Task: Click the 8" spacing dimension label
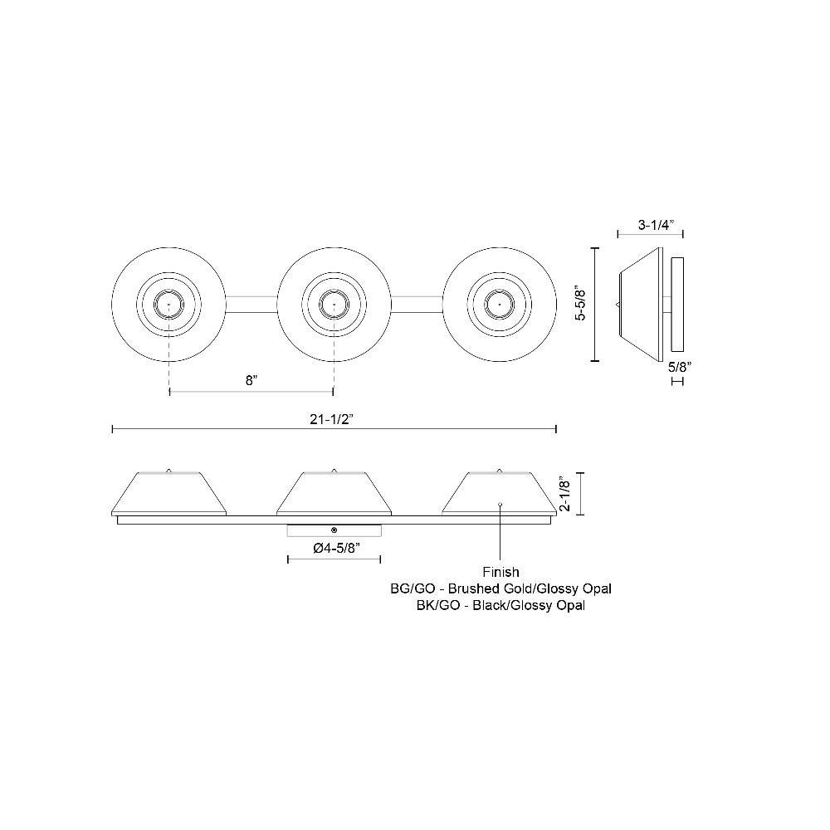(251, 380)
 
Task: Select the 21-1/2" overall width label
(331, 418)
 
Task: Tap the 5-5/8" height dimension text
(581, 305)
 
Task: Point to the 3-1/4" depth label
(656, 224)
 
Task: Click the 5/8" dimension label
(680, 366)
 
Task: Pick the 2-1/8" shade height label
(566, 495)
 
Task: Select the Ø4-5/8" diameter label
(337, 548)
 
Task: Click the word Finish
(500, 572)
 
